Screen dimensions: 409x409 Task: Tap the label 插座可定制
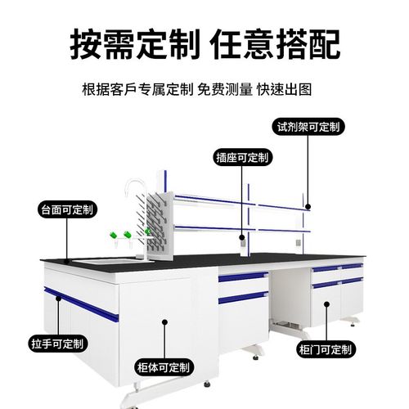click(x=242, y=157)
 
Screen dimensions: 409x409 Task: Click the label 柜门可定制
click(x=325, y=350)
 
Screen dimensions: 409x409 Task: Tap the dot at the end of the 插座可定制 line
click(x=242, y=238)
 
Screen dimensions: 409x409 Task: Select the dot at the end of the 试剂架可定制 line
click(x=308, y=208)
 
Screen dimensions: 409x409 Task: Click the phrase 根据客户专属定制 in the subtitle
click(x=138, y=89)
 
